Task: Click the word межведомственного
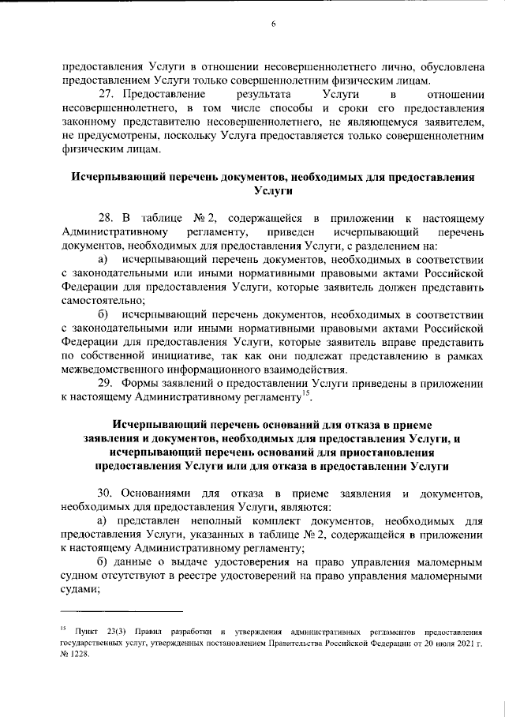[114, 370]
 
